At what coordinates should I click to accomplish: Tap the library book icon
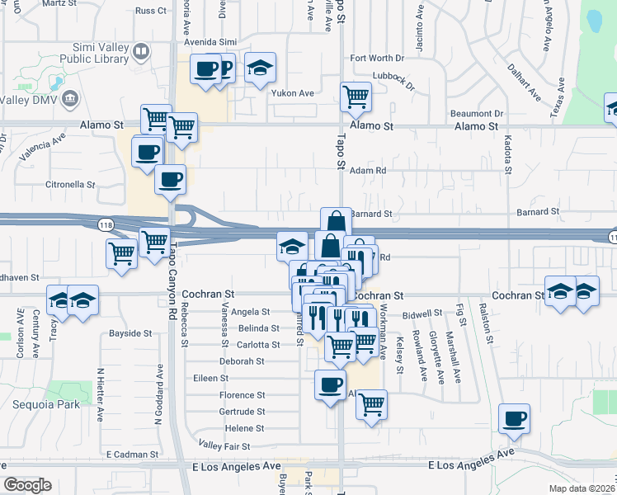(141, 53)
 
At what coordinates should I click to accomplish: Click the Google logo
(27, 485)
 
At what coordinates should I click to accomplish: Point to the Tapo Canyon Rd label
(172, 272)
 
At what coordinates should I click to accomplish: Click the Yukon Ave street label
(294, 93)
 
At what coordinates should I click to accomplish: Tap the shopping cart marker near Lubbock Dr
(356, 96)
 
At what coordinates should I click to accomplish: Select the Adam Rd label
(368, 171)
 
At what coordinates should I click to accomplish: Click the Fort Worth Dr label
(377, 59)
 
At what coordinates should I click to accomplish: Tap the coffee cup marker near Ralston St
(515, 418)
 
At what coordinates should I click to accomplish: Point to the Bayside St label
(130, 334)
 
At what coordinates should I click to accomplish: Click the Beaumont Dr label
(476, 113)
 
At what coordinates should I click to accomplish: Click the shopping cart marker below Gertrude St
(372, 404)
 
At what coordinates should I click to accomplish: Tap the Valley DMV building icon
(69, 98)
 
